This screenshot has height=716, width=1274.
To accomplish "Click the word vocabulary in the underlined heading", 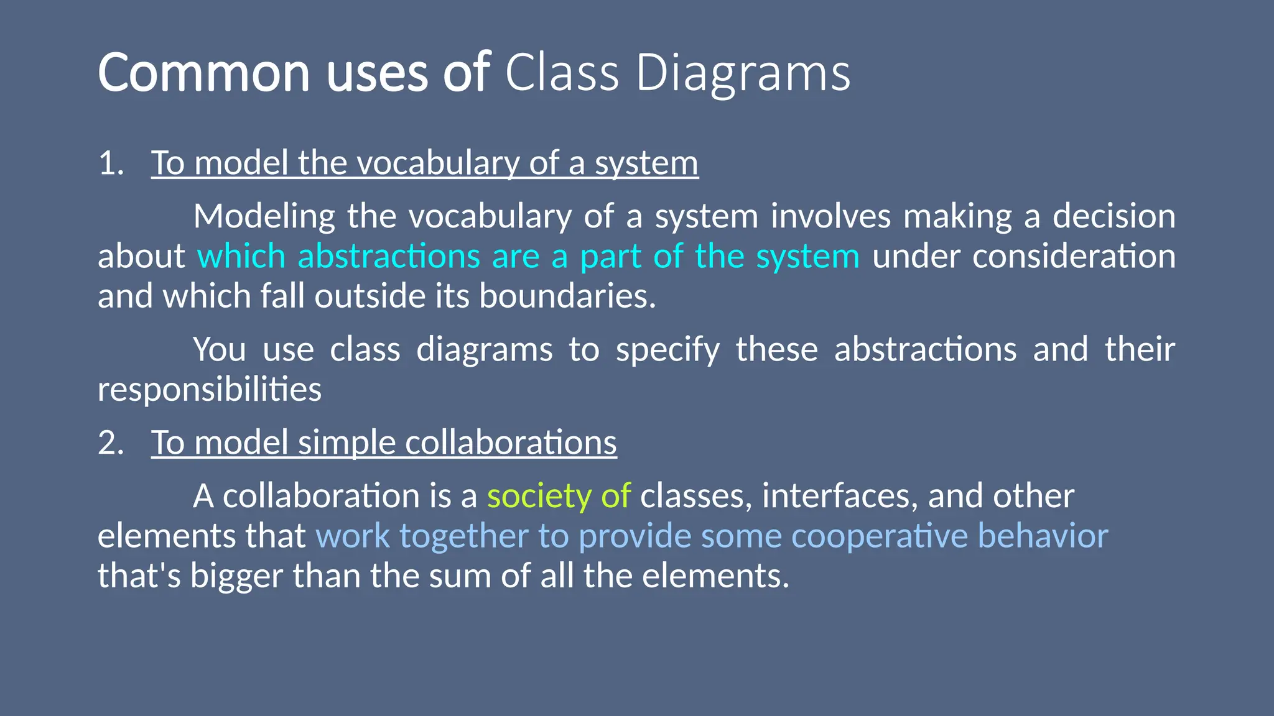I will point(438,163).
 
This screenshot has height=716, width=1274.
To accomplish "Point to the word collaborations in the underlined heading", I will point(511,443).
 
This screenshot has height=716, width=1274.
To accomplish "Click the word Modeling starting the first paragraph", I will point(264,216).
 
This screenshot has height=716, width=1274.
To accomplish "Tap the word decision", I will point(1114,216).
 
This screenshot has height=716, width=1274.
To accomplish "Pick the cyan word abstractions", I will point(389,256).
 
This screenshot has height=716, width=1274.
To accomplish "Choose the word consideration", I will point(1074,256).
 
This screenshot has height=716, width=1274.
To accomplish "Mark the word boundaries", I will point(567,296).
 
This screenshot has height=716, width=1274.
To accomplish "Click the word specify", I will point(667,350).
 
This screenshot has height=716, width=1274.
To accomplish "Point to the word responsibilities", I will point(210,390).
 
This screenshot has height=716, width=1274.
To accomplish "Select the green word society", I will point(539,497).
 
